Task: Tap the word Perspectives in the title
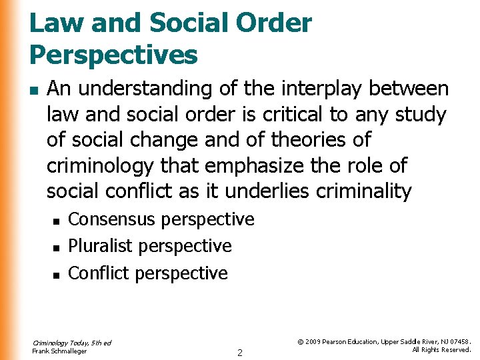[114, 55]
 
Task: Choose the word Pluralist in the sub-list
[101, 246]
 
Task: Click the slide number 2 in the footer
[240, 352]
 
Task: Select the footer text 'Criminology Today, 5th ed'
[71, 343]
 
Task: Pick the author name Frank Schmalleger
[59, 351]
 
